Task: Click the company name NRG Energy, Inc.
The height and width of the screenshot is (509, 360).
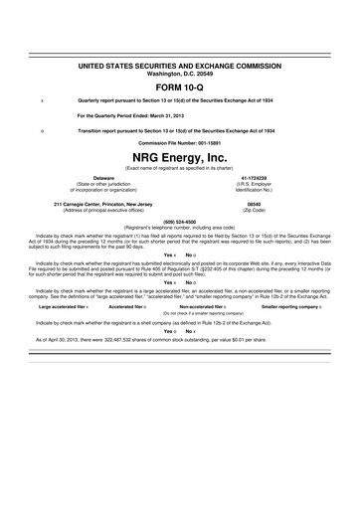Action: (x=179, y=158)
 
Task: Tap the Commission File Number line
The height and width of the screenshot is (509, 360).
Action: (x=179, y=144)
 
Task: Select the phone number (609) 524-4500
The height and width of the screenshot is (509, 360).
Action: (x=179, y=222)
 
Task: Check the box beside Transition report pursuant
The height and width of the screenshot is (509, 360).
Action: (x=41, y=131)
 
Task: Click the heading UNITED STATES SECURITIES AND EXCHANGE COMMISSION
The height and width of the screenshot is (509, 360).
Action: (x=179, y=64)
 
